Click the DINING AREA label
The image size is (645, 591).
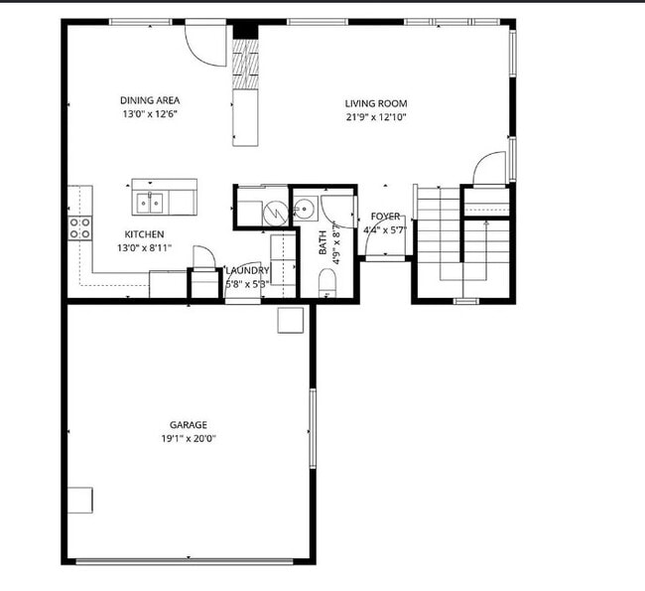[x=149, y=100]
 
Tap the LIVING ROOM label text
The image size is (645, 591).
[x=376, y=103]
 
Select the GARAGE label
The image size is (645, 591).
[x=188, y=425]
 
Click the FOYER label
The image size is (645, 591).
[x=385, y=217]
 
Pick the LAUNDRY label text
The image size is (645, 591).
[x=246, y=270]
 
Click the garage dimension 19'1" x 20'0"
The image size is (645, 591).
[x=189, y=438]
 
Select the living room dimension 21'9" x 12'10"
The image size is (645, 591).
[x=376, y=117]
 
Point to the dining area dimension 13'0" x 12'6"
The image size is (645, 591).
[x=149, y=113]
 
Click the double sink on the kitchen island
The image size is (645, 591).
[x=152, y=203]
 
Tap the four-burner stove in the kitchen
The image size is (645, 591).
[x=79, y=227]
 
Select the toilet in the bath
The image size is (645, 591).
[x=328, y=285]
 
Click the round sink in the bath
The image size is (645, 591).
[x=303, y=209]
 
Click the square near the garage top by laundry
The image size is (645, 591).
[x=290, y=319]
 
